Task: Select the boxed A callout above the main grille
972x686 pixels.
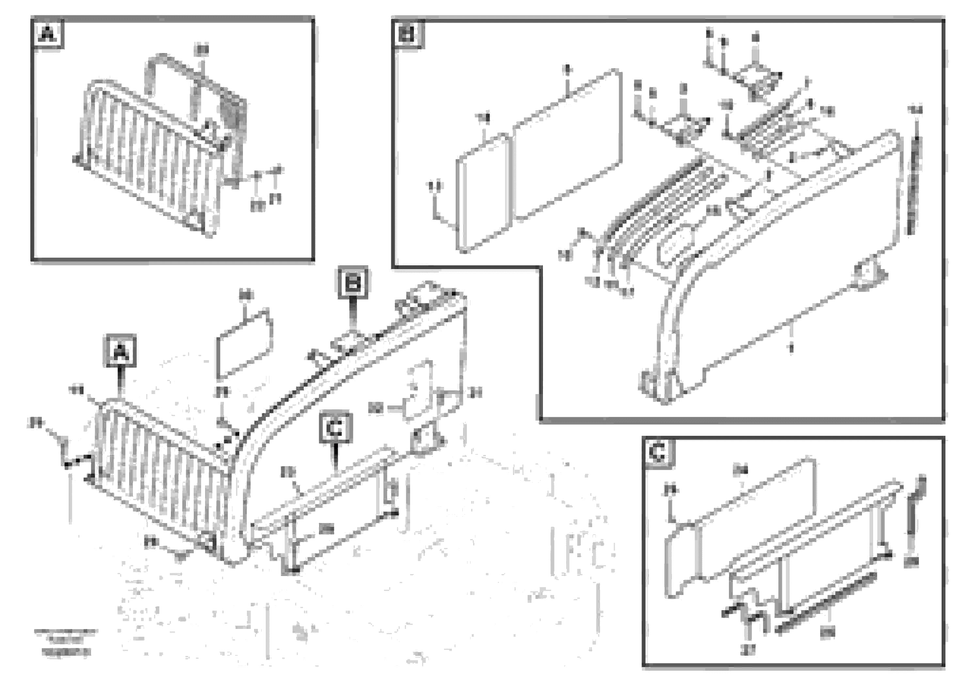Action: pyautogui.click(x=121, y=351)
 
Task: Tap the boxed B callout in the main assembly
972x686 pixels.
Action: pyautogui.click(x=352, y=282)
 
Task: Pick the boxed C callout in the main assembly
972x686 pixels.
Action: pyautogui.click(x=335, y=428)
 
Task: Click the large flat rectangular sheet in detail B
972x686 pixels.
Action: pyautogui.click(x=567, y=144)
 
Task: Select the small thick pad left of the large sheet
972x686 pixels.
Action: pyautogui.click(x=483, y=192)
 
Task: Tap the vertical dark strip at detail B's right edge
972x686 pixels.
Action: pyautogui.click(x=914, y=186)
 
